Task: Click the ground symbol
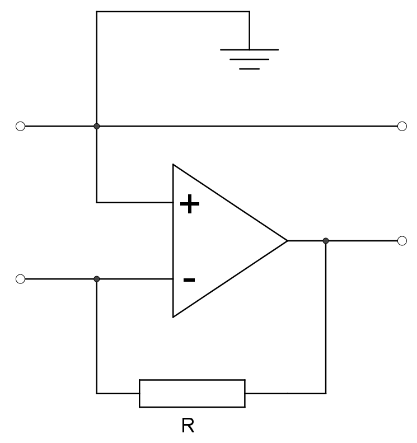click(249, 59)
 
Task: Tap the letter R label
click(188, 426)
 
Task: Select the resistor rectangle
click(192, 393)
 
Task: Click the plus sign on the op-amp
click(190, 204)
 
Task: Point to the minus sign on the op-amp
click(189, 279)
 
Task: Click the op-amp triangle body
click(218, 241)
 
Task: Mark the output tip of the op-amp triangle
click(287, 241)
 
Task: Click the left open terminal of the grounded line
click(20, 127)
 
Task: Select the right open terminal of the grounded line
click(402, 127)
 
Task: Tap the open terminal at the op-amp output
click(402, 241)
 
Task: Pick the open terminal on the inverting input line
click(20, 279)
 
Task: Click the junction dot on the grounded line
click(97, 127)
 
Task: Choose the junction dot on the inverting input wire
click(97, 279)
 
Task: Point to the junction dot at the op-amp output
click(326, 241)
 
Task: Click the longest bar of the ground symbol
click(249, 50)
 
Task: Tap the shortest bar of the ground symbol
click(249, 68)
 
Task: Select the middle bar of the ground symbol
click(249, 59)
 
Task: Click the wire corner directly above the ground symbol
click(249, 12)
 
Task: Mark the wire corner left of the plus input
click(97, 202)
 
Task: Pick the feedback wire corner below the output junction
click(326, 393)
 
